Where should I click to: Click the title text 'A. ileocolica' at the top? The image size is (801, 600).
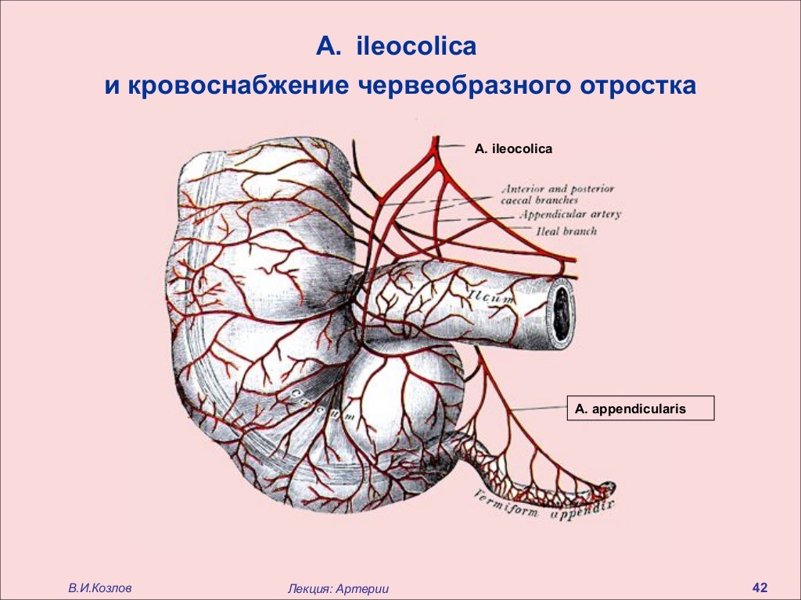pos(396,47)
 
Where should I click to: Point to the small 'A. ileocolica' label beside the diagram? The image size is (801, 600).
pos(513,148)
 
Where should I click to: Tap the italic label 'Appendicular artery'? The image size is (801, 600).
pos(569,214)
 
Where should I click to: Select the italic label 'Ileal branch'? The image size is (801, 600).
pos(566,231)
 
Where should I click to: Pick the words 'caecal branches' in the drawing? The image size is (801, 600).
pos(539,201)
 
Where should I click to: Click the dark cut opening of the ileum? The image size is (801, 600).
pos(562,312)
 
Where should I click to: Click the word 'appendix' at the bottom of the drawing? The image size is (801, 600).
pos(583,511)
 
